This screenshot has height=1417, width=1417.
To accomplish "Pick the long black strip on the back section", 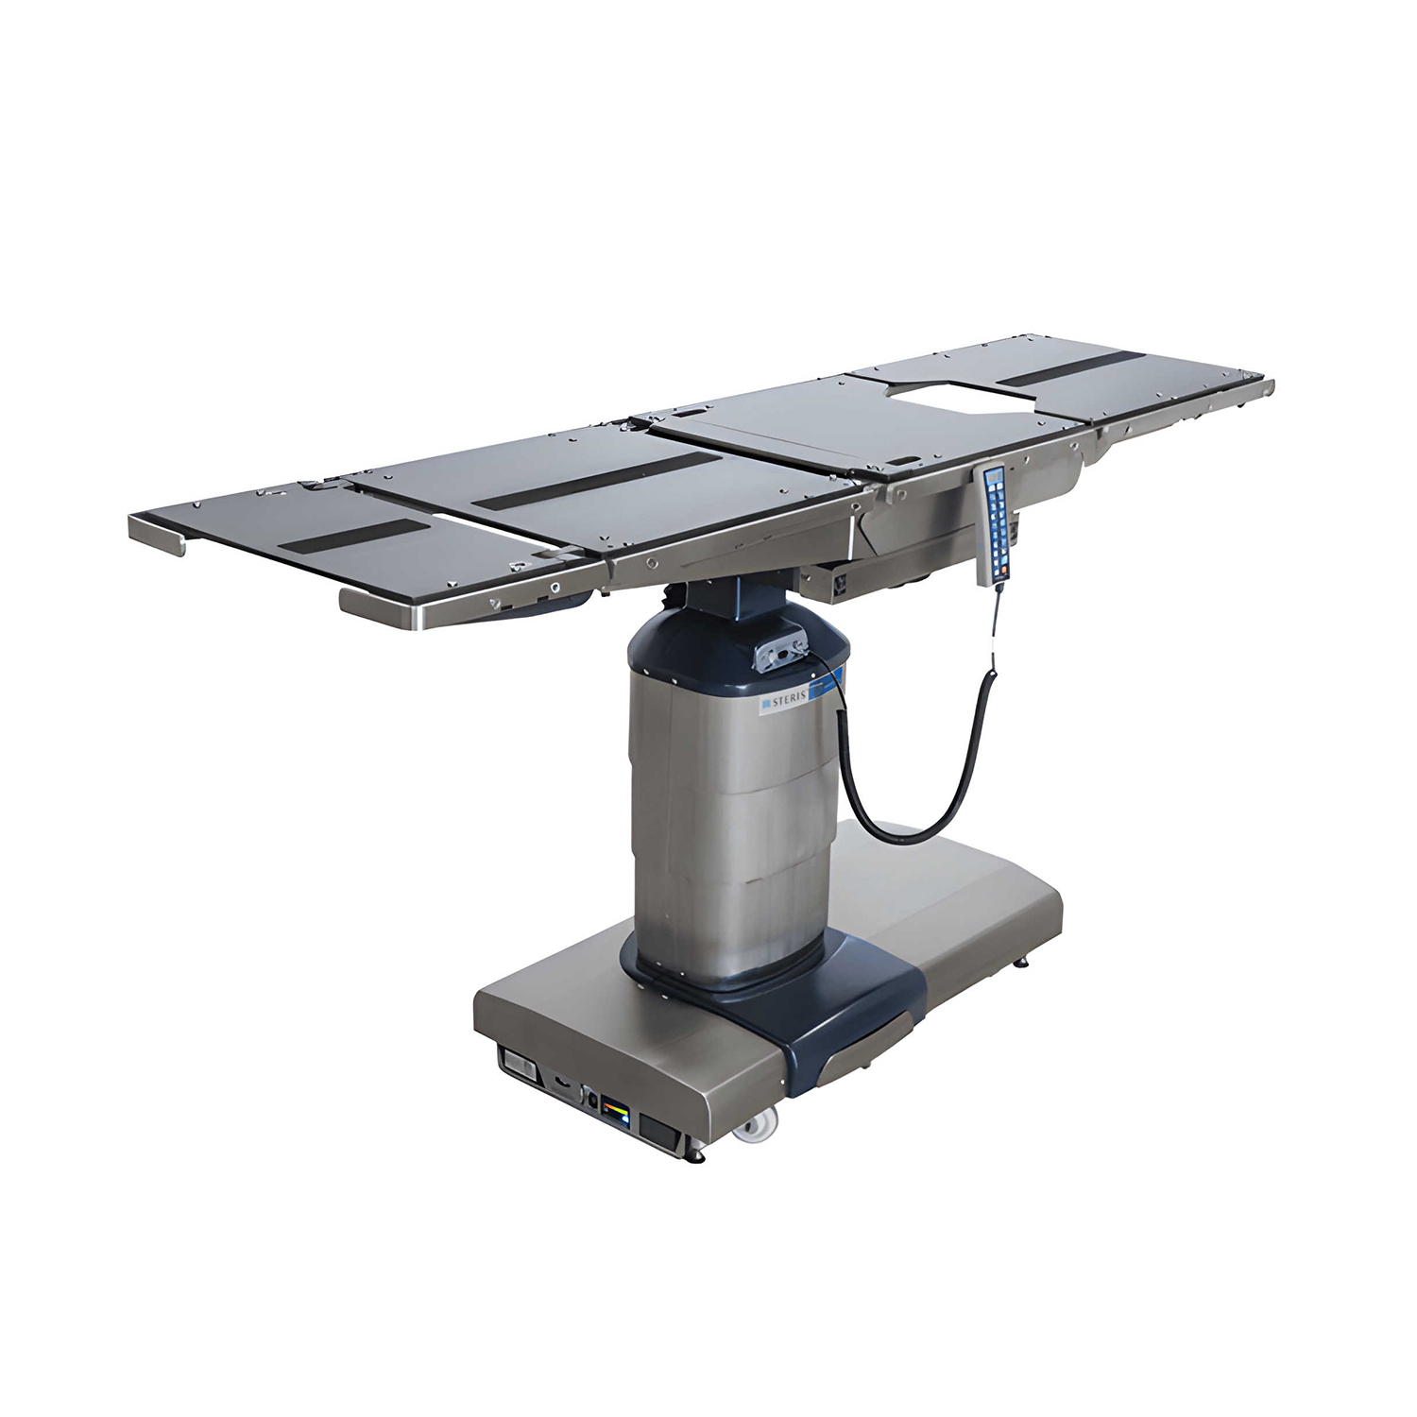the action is tap(594, 476).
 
